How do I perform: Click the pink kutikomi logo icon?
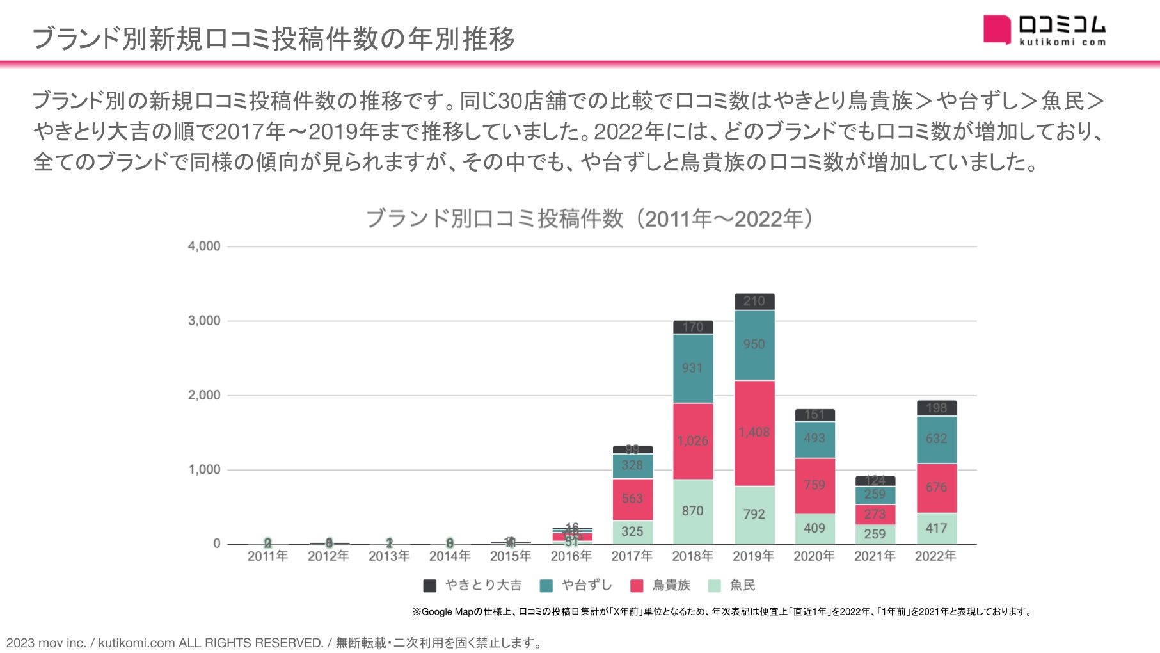997,30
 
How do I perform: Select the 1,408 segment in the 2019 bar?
754,433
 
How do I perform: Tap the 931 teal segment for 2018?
692,368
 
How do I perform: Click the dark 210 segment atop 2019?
754,302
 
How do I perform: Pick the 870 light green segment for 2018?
692,511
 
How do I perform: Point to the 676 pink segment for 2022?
936,487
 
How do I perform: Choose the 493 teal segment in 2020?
814,439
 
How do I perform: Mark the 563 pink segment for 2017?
632,499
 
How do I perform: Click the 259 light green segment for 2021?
875,534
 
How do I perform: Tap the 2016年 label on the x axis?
571,556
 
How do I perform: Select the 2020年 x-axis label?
814,556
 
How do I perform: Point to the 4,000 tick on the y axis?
203,246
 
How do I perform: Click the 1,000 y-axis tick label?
203,470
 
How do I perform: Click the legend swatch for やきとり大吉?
430,585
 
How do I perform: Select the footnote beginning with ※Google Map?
722,611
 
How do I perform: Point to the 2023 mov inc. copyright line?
274,643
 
